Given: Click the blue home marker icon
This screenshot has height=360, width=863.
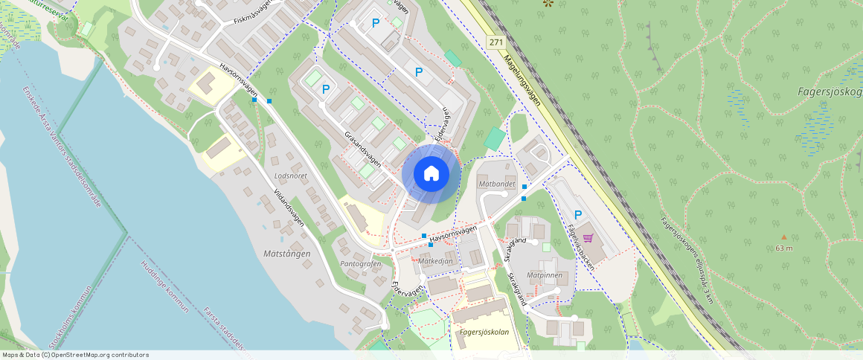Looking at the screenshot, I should (431, 173).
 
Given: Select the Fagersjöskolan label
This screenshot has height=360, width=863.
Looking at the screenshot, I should (484, 332).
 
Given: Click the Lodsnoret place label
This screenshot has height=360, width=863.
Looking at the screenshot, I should (291, 176).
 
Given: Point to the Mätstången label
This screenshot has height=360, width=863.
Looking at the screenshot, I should (286, 254).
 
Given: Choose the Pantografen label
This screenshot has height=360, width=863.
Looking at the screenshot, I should (360, 264).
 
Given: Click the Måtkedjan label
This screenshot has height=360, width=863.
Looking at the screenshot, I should (435, 262).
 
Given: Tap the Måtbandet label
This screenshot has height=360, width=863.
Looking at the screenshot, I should (497, 183).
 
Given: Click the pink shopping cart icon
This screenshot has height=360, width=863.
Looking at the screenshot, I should (588, 238).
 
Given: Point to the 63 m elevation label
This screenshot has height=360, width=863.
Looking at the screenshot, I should (783, 248).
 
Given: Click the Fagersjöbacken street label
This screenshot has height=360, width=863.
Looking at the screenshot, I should (580, 245).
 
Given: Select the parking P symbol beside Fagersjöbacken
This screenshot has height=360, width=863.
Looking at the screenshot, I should (577, 214).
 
